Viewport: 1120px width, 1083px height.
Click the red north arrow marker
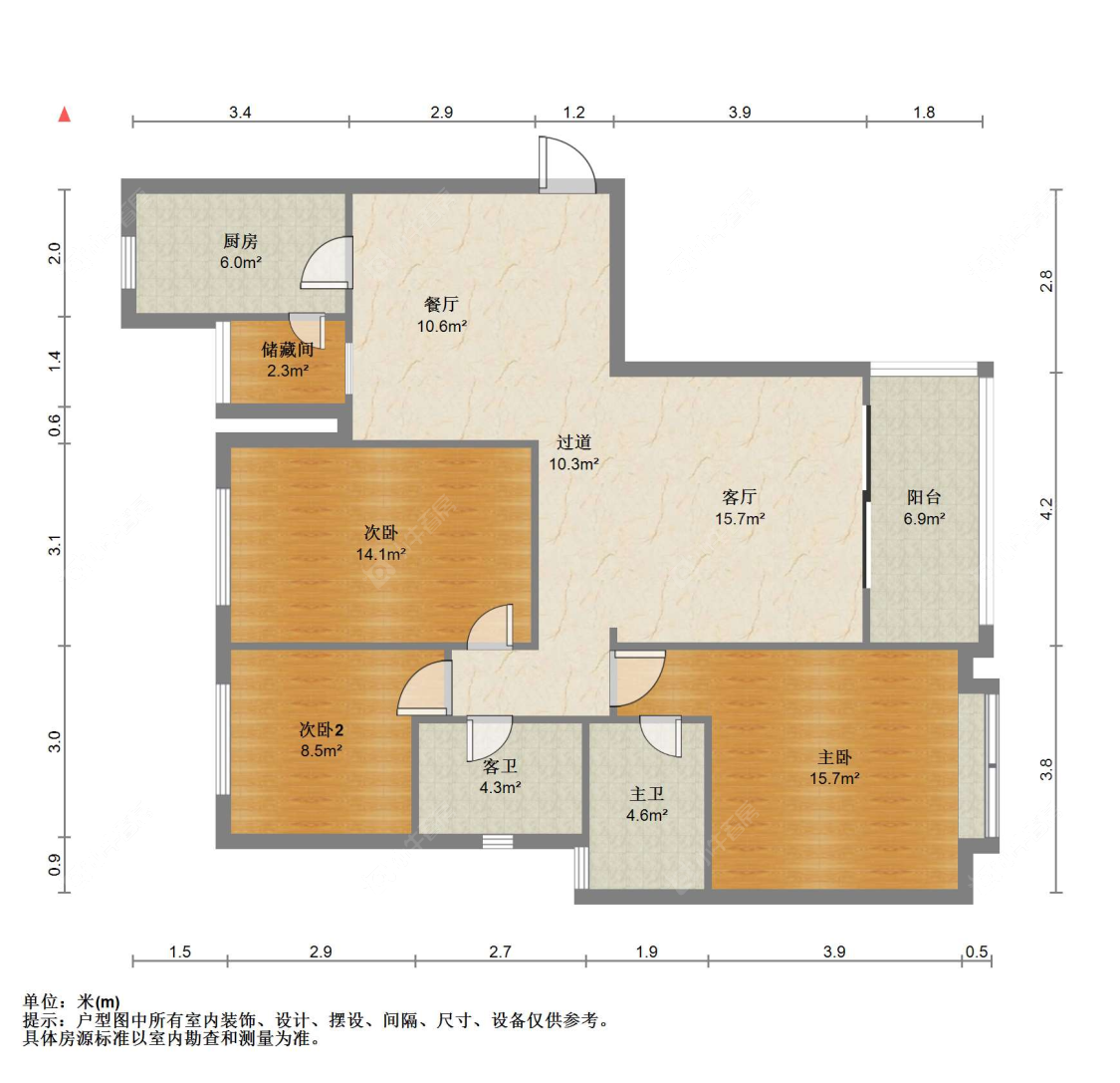(x=65, y=114)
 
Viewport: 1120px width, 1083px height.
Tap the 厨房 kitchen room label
(x=241, y=241)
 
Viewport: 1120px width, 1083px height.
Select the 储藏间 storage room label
(x=288, y=350)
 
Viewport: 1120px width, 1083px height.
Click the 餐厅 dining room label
(x=441, y=305)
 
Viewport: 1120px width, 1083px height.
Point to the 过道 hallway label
(x=573, y=442)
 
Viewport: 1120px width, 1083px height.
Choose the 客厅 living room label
(x=740, y=497)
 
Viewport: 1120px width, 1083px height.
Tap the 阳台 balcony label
(x=924, y=497)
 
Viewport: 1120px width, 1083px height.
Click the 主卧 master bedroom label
(x=834, y=758)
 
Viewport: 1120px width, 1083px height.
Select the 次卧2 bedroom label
(x=321, y=730)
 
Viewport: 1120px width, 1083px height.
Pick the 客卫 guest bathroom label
(x=500, y=766)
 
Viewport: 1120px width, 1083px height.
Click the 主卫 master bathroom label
(x=646, y=794)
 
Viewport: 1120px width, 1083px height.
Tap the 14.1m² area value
(x=380, y=554)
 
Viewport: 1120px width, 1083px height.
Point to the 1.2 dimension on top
(x=574, y=113)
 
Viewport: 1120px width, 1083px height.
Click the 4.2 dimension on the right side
(x=1046, y=510)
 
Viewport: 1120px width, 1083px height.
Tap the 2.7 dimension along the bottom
(x=500, y=952)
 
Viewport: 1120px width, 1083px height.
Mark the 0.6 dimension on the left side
(x=56, y=425)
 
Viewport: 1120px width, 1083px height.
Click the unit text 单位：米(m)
(x=72, y=1002)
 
